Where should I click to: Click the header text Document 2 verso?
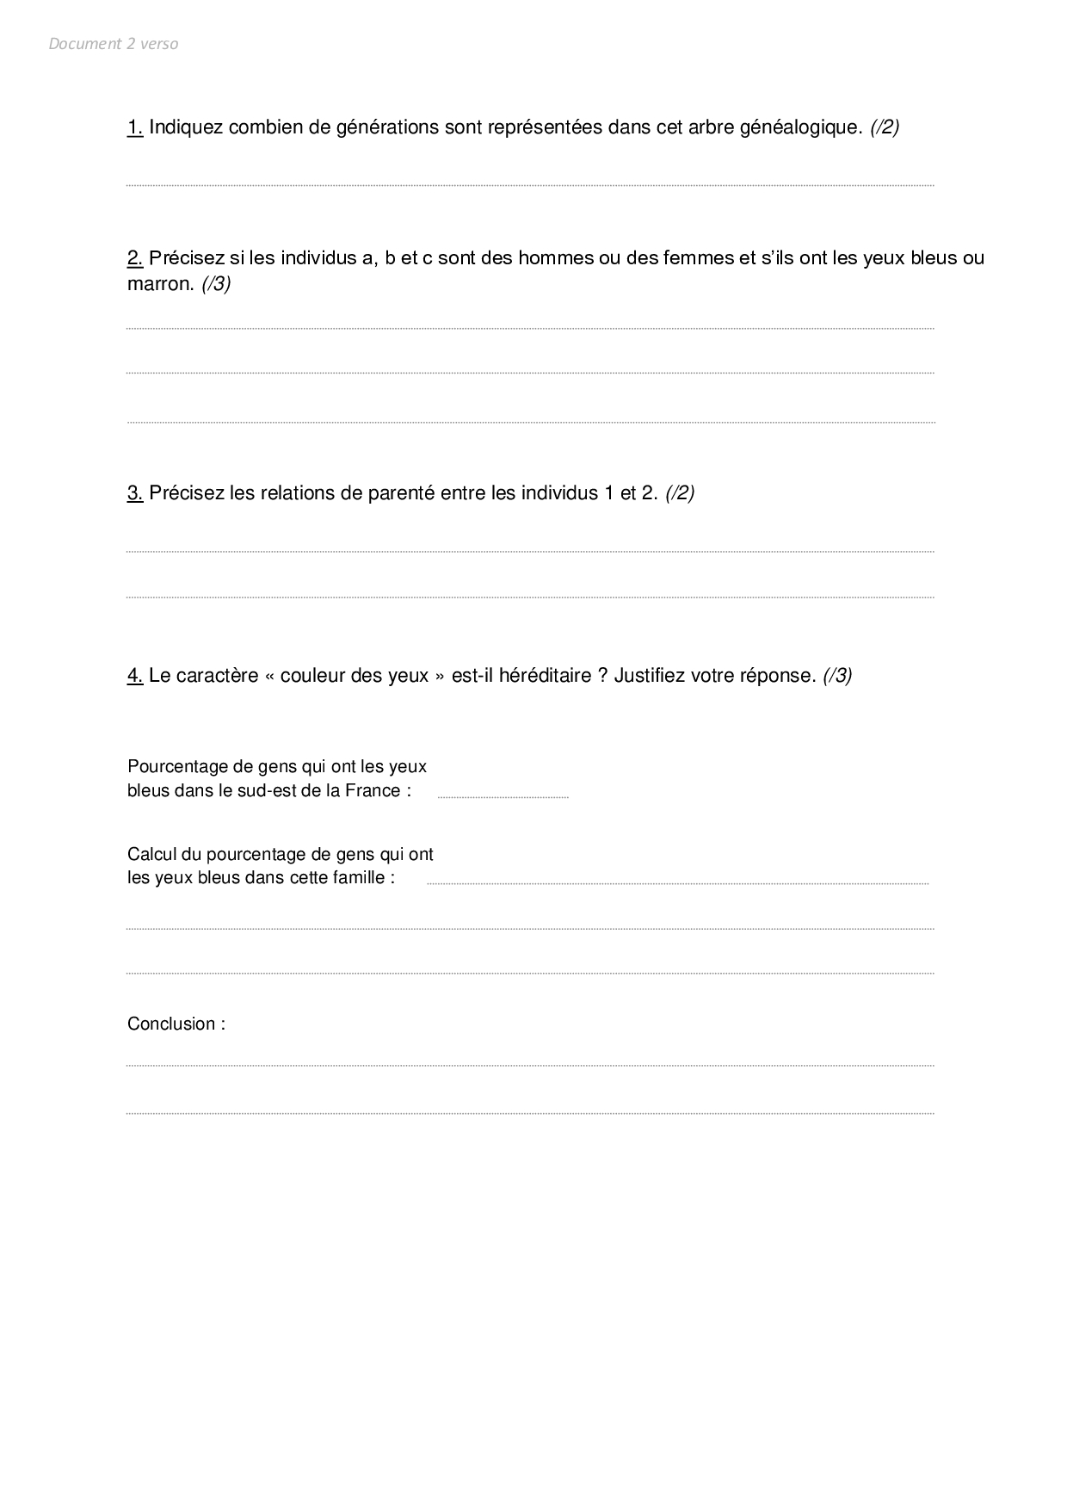pyautogui.click(x=114, y=44)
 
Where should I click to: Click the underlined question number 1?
pyautogui.click(x=135, y=127)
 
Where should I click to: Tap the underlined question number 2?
pyautogui.click(x=135, y=258)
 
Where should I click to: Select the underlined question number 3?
pyautogui.click(x=135, y=493)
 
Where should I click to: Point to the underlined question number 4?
pyautogui.click(x=135, y=676)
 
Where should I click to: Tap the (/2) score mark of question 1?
pyautogui.click(x=885, y=127)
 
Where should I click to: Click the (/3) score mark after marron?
pyautogui.click(x=216, y=284)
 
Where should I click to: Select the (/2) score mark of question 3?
pyautogui.click(x=680, y=493)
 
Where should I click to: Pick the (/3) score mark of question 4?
pyautogui.click(x=837, y=676)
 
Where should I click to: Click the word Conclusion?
pyautogui.click(x=171, y=1024)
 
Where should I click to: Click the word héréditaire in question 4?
pyautogui.click(x=545, y=676)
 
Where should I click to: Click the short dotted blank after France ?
pyautogui.click(x=503, y=797)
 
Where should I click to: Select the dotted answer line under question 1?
pyautogui.click(x=530, y=185)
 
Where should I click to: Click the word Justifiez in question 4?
pyautogui.click(x=650, y=676)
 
